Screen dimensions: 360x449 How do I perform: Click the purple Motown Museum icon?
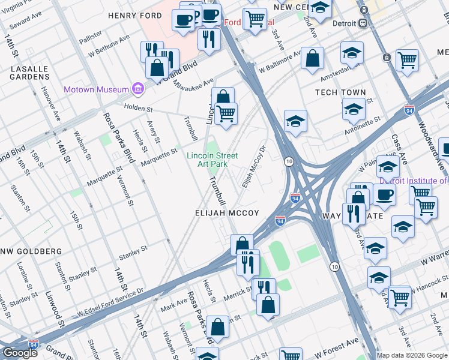tap(139, 89)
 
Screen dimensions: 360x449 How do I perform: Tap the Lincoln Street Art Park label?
tap(206, 159)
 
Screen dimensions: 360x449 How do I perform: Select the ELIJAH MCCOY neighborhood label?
tap(227, 213)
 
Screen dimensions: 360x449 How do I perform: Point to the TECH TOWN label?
tap(340, 92)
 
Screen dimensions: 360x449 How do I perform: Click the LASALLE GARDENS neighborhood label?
tap(29, 73)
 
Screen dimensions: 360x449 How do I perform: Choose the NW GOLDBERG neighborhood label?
tap(31, 251)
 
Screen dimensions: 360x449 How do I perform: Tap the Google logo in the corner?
tap(20, 353)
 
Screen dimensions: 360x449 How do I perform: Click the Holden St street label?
tap(139, 109)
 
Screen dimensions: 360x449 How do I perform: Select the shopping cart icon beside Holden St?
tap(226, 113)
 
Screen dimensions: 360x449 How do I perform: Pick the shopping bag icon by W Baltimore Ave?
tap(312, 59)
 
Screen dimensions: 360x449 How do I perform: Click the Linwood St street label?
tap(55, 310)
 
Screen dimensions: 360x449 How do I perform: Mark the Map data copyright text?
tap(411, 355)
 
